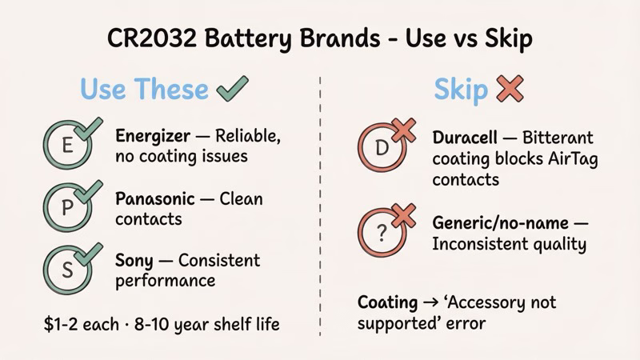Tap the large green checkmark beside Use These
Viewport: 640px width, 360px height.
coord(231,89)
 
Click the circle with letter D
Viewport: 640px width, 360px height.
coord(382,148)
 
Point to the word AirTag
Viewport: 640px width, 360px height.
coord(570,158)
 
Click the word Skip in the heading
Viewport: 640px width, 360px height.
coord(460,89)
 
